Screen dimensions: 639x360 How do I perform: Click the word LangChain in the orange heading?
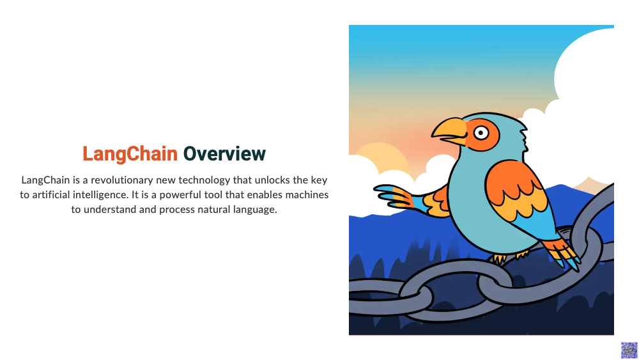[130, 154]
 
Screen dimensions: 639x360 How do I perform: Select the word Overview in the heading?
[224, 153]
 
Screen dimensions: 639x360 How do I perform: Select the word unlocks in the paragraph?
[272, 180]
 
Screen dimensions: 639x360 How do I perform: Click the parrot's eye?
[481, 133]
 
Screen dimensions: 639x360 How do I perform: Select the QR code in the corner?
[629, 350]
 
